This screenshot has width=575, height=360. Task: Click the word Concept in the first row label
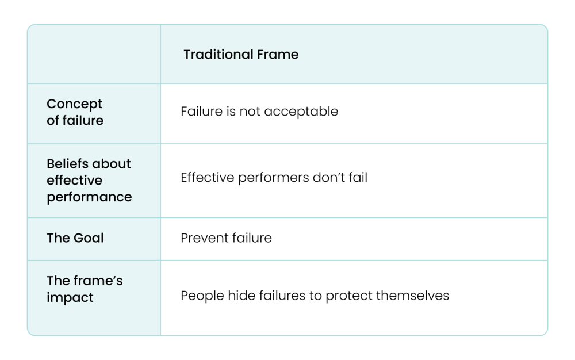(74, 104)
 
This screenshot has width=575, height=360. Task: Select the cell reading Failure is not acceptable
(259, 112)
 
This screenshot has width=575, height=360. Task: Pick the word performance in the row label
(89, 197)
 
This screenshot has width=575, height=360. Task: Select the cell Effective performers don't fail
(274, 178)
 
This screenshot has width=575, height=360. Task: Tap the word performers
(267, 178)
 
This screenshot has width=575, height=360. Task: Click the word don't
(328, 178)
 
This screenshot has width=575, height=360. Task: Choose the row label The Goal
(75, 238)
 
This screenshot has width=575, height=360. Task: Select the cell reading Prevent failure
(226, 238)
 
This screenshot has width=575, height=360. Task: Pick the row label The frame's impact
(85, 290)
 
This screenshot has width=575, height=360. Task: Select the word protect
(348, 296)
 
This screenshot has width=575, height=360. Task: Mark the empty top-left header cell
(94, 55)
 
